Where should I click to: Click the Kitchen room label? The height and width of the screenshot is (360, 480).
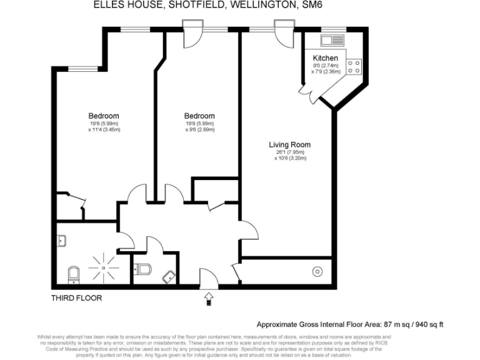click(325, 57)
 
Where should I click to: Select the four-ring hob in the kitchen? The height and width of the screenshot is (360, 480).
click(354, 66)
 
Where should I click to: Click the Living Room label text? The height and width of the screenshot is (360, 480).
click(289, 144)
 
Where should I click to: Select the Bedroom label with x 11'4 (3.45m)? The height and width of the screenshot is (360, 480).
click(103, 116)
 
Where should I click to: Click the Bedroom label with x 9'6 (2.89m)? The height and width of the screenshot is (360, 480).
click(199, 116)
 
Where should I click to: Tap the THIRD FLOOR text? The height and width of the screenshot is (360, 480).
click(76, 298)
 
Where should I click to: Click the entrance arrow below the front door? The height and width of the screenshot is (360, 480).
click(208, 299)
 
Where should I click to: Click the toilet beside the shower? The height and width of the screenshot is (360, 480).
click(73, 273)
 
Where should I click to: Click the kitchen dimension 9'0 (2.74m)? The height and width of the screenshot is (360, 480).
click(325, 66)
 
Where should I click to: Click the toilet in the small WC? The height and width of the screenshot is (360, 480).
click(142, 269)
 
